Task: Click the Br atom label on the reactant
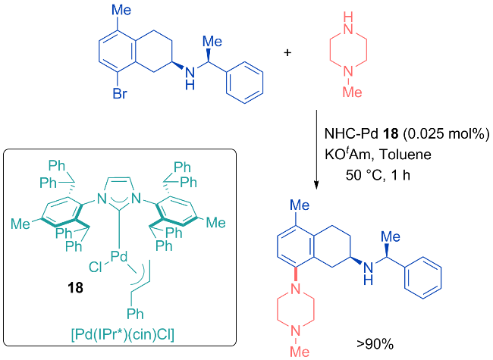[x=120, y=93]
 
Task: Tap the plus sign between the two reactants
[x=287, y=52]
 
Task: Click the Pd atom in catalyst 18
[x=119, y=257]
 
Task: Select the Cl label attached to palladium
[x=95, y=268]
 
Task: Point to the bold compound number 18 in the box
[x=75, y=287]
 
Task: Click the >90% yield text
[x=375, y=344]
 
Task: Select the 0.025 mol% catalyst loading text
[x=446, y=134]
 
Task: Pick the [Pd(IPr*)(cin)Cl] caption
[x=123, y=335]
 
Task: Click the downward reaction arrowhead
[x=316, y=185]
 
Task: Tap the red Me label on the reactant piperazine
[x=352, y=92]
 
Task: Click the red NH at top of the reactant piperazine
[x=348, y=23]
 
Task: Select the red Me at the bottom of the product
[x=300, y=352]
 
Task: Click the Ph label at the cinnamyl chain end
[x=135, y=314]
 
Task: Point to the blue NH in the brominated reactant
[x=190, y=78]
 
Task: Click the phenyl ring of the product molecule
[x=422, y=277]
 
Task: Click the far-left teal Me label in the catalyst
[x=20, y=224]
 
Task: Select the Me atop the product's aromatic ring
[x=300, y=205]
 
